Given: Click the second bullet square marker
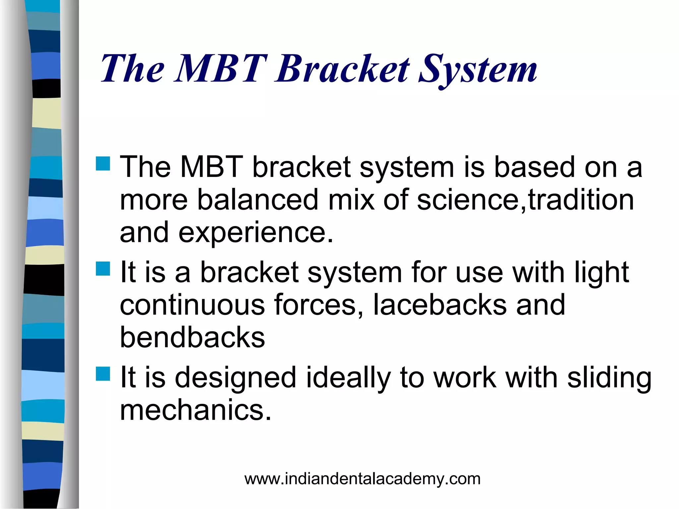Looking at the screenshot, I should [103, 269].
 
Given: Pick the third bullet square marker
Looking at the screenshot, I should [103, 373].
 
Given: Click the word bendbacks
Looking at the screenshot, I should [192, 338].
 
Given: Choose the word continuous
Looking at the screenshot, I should [192, 305].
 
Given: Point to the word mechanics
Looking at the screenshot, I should [196, 410].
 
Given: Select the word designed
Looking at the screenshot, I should [235, 378].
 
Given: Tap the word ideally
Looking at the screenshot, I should [348, 378].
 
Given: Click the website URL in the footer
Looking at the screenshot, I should [362, 479].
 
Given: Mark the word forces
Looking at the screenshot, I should [318, 305].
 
